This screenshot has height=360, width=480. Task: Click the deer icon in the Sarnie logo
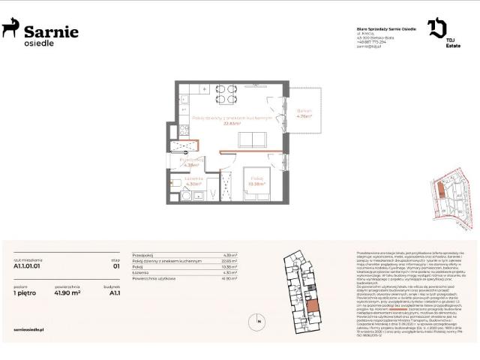tap(10, 29)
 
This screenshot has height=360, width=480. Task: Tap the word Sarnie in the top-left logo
tap(51, 30)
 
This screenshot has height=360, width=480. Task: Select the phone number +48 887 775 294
tap(373, 42)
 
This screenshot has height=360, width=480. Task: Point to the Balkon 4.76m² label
tap(303, 115)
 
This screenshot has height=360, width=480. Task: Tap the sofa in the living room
tap(252, 139)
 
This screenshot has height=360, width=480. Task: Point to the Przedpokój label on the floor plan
tap(192, 159)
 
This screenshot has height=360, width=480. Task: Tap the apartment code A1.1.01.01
tap(26, 265)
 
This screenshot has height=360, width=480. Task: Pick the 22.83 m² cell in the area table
tap(229, 261)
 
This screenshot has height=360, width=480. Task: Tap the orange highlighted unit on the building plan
tap(312, 305)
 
